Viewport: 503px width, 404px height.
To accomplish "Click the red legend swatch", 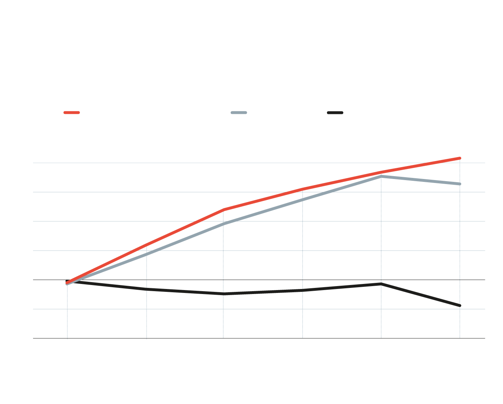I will click(x=71, y=113).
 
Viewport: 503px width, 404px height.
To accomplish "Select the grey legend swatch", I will click(x=239, y=113).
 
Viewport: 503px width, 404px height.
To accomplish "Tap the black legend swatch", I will click(x=335, y=113).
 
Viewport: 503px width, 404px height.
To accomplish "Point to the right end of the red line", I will click(x=460, y=158).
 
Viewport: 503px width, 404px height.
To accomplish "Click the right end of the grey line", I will click(x=460, y=184).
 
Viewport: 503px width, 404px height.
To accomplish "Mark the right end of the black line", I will click(x=460, y=306).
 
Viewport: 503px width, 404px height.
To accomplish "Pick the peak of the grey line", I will click(x=381, y=176).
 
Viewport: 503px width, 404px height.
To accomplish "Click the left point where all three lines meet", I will click(x=67, y=283).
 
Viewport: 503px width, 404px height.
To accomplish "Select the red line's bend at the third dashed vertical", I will click(x=223, y=210).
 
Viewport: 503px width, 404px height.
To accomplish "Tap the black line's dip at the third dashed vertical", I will click(x=223, y=294).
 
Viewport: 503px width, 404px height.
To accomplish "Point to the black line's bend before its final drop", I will click(x=381, y=284).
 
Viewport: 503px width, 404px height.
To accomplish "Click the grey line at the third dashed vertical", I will click(x=223, y=224).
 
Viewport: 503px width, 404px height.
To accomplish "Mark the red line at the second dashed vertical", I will click(x=147, y=245).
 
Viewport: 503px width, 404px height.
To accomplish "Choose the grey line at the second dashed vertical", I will click(x=147, y=254).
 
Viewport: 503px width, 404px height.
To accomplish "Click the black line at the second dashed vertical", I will click(x=147, y=289).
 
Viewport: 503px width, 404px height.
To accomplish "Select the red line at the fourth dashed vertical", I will click(x=303, y=189).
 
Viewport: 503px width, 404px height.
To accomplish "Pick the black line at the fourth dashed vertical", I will click(x=303, y=290).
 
